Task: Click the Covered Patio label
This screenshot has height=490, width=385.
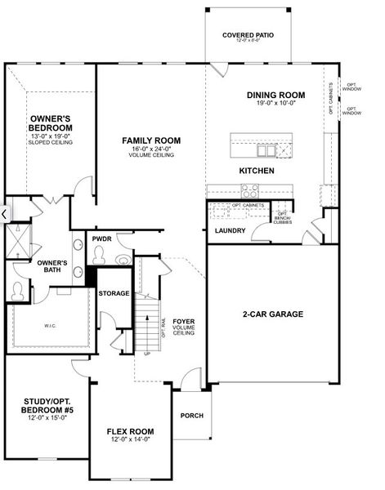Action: tap(248, 36)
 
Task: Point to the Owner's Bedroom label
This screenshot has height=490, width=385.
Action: tap(51, 123)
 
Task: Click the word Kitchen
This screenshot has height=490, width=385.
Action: tap(256, 171)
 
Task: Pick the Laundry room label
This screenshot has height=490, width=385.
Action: tap(230, 230)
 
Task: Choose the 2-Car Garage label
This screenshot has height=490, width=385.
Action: tap(272, 314)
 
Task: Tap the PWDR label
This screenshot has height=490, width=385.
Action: tap(101, 238)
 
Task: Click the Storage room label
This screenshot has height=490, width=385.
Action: tap(114, 292)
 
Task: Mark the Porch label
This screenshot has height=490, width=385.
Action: tap(191, 416)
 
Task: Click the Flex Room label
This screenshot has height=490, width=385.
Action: tap(130, 431)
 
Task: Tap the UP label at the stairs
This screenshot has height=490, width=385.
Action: tap(147, 354)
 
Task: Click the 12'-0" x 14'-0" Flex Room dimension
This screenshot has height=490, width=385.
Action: tap(130, 439)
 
